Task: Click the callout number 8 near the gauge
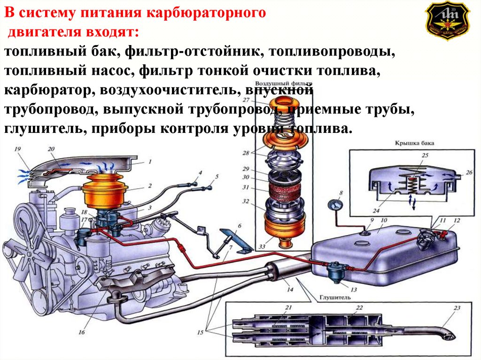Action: click(x=341, y=192)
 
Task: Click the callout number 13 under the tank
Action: click(x=354, y=290)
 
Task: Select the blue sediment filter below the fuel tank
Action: click(x=336, y=271)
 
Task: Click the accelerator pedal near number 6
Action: click(x=230, y=237)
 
